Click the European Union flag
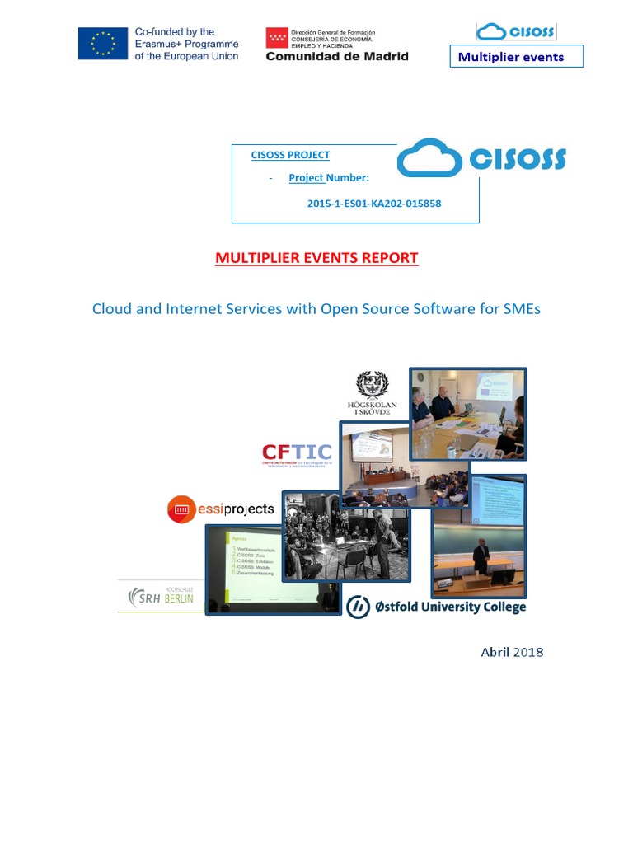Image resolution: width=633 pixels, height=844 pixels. coord(104,44)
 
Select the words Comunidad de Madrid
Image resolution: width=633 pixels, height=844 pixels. coord(336,56)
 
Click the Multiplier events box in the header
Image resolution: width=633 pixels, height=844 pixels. coord(516,57)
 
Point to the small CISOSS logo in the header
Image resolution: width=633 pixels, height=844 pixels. coord(516,32)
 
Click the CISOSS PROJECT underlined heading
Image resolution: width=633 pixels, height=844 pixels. coord(290,155)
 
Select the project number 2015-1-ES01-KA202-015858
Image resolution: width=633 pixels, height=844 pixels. coord(368,203)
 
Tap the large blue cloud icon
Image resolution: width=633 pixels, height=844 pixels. coord(429,158)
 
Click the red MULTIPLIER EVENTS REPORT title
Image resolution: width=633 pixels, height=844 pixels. coord(316,258)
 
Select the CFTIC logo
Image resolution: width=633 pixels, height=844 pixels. coord(297,452)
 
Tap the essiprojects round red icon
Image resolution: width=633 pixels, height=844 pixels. coord(181,509)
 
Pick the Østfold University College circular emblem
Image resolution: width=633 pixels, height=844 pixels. coord(358,607)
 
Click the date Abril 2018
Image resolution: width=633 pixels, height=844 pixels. coord(512,652)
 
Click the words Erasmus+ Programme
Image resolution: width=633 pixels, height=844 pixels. coord(186,44)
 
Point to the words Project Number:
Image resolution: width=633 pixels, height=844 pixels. coord(329,177)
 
